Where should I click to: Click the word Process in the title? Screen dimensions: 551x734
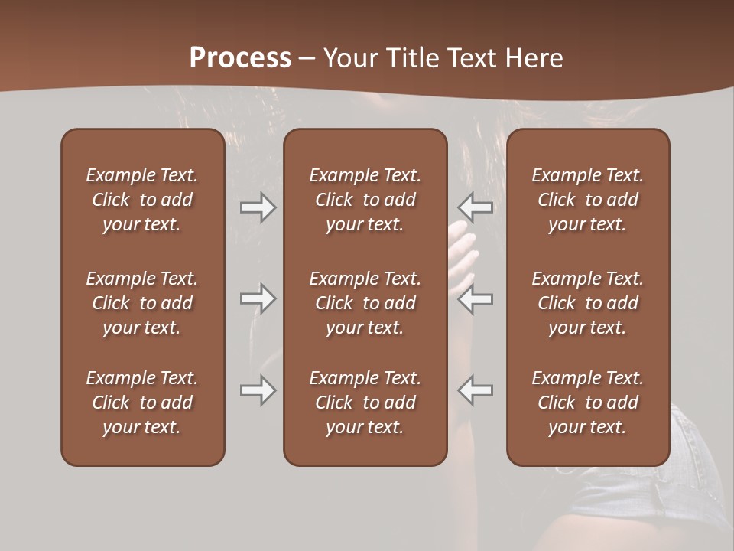(x=240, y=58)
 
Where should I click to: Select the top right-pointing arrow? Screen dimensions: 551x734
(x=258, y=207)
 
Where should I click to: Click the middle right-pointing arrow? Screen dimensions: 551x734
(x=258, y=298)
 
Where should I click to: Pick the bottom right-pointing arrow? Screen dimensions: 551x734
(x=258, y=390)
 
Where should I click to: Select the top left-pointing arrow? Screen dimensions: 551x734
(x=476, y=207)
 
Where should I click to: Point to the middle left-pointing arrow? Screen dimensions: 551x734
(x=476, y=298)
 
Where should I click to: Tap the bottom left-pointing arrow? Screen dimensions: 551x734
(x=476, y=390)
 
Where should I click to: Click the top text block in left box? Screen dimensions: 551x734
(x=142, y=200)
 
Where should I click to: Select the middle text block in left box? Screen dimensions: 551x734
(x=142, y=303)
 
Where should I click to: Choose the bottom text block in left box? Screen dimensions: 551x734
(x=142, y=403)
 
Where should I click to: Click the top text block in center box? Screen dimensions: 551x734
(x=365, y=200)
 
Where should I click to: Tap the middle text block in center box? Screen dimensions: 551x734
(x=365, y=303)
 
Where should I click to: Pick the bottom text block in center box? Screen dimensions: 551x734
(x=365, y=403)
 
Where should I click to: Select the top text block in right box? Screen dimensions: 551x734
(x=587, y=200)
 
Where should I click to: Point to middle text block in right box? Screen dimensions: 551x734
(x=587, y=303)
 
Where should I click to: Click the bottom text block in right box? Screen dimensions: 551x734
(x=587, y=403)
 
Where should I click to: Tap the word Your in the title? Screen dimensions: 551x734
(x=351, y=58)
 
